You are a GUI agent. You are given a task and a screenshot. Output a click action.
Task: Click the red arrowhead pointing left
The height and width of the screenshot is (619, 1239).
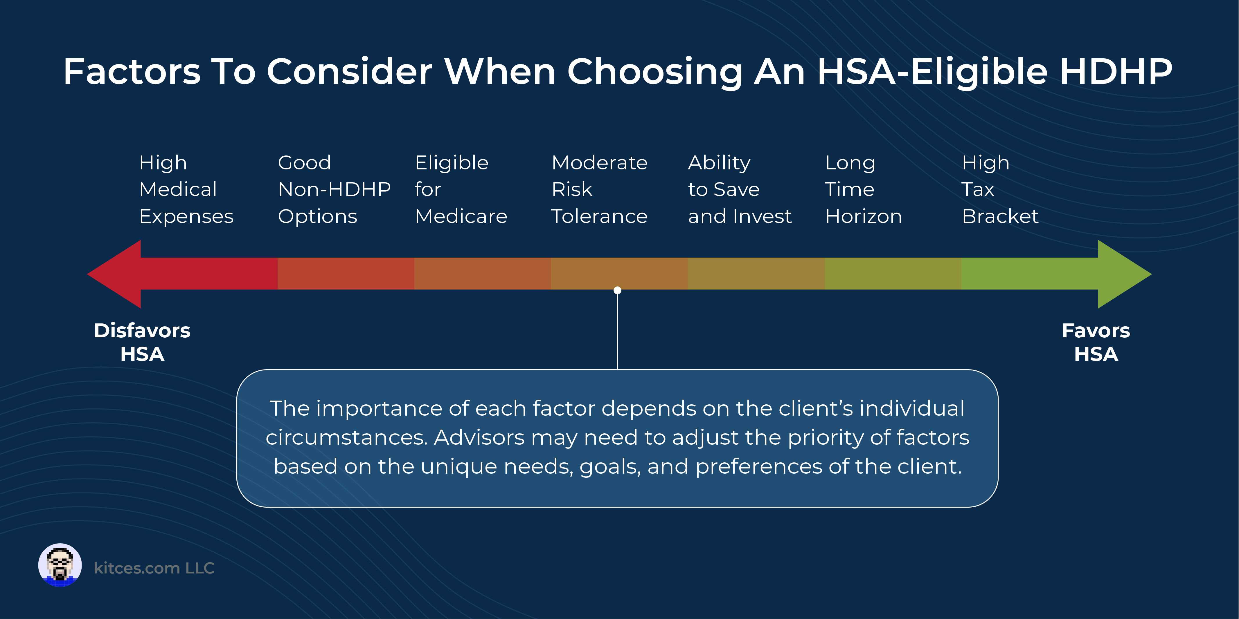click(116, 274)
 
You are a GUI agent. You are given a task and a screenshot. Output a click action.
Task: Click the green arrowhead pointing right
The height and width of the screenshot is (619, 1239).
click(1123, 274)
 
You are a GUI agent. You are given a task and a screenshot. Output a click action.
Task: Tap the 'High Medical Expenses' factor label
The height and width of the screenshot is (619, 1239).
click(186, 189)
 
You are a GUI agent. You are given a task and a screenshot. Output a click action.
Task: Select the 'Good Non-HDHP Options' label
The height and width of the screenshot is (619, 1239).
click(334, 189)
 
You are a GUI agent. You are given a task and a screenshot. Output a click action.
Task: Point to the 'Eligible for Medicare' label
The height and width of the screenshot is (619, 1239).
click(461, 189)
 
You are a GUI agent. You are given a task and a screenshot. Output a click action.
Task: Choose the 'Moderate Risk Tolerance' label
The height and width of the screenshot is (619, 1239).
click(599, 189)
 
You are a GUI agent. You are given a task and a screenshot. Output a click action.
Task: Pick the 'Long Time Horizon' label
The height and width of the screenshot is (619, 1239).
click(863, 189)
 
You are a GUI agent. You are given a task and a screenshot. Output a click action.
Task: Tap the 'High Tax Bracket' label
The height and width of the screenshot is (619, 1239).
click(1000, 189)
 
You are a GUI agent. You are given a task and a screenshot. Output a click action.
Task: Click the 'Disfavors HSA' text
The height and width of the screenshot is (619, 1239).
click(142, 342)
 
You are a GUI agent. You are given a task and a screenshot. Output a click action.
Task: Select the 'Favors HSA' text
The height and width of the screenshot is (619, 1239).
click(1096, 342)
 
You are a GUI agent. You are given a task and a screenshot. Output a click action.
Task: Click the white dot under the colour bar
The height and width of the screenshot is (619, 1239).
click(618, 290)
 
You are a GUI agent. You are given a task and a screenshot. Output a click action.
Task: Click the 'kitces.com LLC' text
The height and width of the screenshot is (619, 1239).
click(154, 568)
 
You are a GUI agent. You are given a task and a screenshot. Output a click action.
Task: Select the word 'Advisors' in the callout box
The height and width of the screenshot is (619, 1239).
click(479, 437)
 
